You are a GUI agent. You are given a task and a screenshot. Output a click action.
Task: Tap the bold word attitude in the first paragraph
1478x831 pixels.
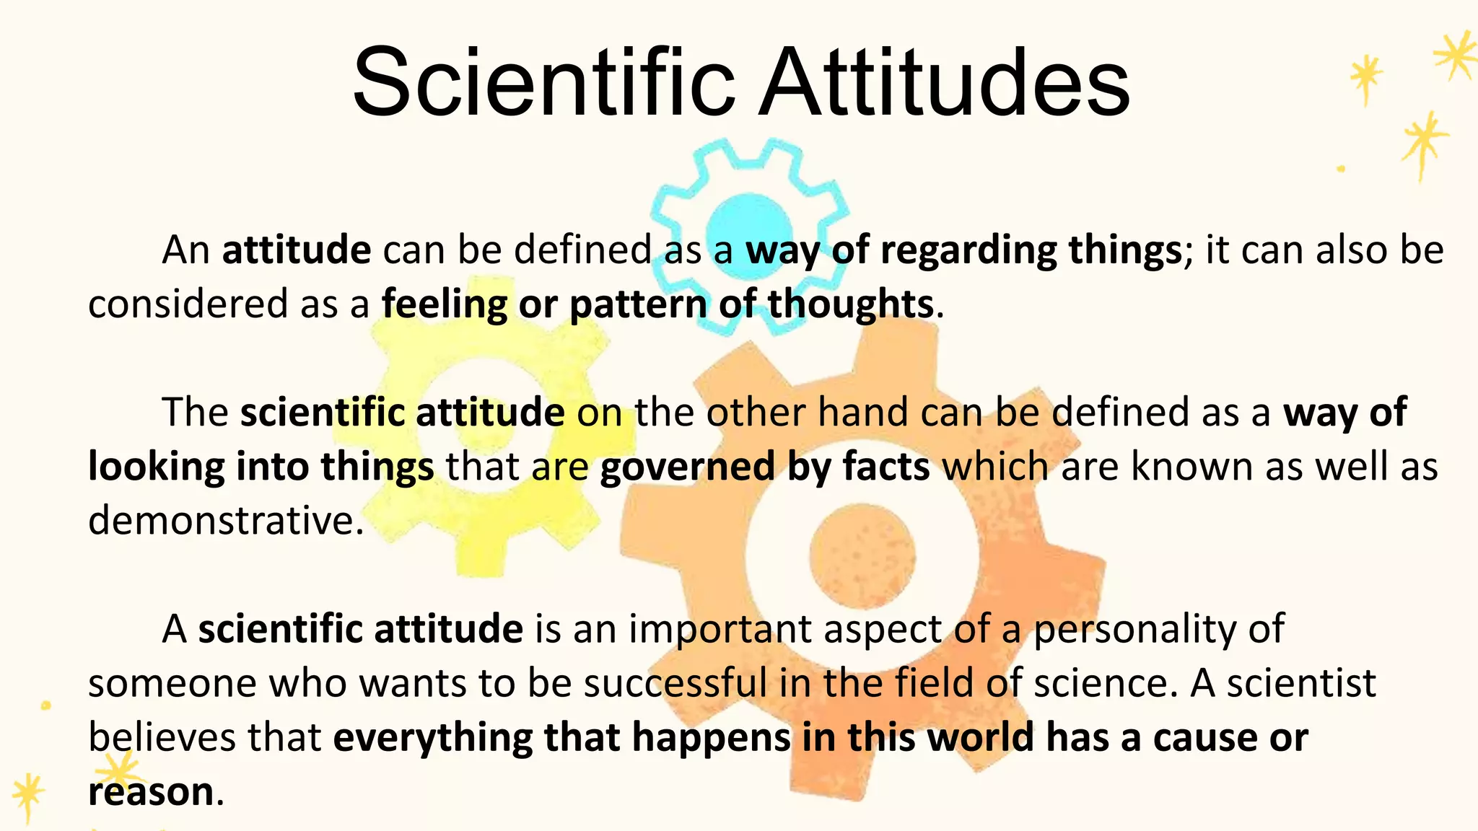coord(297,250)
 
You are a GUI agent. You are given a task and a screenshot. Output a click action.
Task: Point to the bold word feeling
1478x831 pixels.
coord(444,304)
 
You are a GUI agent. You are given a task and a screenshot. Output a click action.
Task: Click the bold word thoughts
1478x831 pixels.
coord(851,304)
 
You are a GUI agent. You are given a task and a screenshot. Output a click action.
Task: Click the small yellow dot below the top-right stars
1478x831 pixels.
coord(1341,169)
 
